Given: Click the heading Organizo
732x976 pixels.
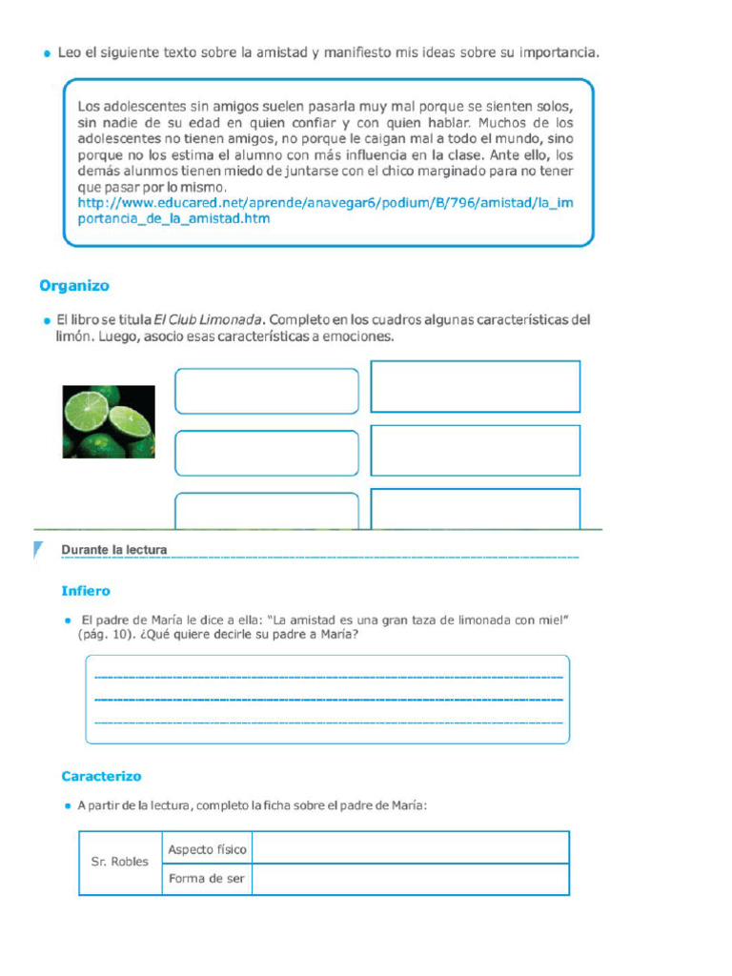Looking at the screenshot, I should click(x=74, y=286).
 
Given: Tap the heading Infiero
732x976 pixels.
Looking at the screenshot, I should click(x=86, y=591).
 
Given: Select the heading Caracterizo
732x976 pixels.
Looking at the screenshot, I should click(x=101, y=777).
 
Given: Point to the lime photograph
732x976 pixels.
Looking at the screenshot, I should click(x=108, y=420).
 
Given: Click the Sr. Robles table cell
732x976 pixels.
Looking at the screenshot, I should click(x=120, y=862).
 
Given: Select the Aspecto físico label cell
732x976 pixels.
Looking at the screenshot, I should click(x=207, y=849).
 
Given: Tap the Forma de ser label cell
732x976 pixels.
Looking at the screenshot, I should click(x=207, y=879).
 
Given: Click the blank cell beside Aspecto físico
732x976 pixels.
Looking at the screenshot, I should click(x=410, y=848).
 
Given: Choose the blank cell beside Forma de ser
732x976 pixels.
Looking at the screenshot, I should click(x=410, y=879).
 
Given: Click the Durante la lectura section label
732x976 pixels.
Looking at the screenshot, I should click(x=114, y=550).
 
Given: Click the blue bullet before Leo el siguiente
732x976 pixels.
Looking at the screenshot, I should click(x=47, y=55).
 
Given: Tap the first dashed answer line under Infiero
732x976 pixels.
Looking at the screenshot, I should click(x=328, y=677).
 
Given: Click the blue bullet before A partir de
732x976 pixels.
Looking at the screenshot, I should click(x=69, y=806).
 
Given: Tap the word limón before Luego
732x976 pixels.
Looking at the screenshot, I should click(x=75, y=337).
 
